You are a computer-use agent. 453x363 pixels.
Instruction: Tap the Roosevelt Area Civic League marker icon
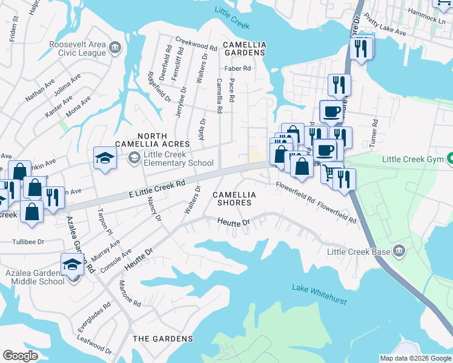coord(114,47)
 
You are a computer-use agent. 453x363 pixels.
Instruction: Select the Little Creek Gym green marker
coord(450,160)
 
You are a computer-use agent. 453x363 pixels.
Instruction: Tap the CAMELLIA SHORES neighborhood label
coord(234,198)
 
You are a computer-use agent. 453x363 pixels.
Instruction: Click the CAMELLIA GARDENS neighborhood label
coord(244,49)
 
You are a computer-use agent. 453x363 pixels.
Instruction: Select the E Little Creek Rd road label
coord(156,189)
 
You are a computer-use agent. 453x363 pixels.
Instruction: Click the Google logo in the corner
coord(20,356)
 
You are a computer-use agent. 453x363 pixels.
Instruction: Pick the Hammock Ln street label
coord(426,20)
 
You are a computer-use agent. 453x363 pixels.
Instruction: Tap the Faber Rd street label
coord(237,68)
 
